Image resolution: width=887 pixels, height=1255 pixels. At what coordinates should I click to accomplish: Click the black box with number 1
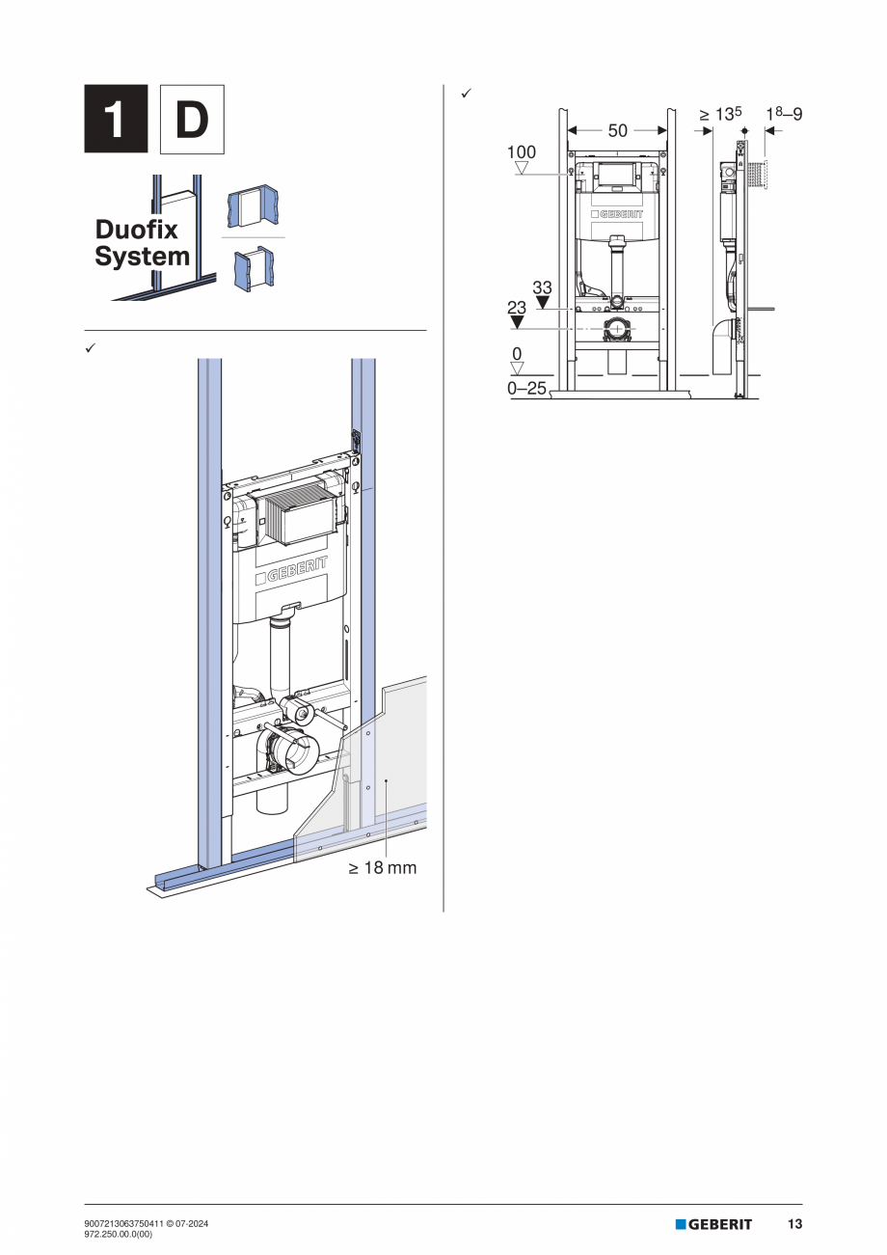(116, 120)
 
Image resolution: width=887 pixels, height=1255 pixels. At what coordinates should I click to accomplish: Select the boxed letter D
(192, 120)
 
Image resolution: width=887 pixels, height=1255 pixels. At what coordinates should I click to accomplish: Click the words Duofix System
(142, 243)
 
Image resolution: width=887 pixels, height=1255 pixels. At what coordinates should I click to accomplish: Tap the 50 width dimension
(617, 130)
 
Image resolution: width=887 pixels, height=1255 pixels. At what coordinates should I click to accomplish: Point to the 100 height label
(522, 152)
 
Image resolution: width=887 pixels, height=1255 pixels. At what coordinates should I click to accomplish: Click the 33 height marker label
(542, 287)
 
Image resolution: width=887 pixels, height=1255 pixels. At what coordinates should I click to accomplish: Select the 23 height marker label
(518, 307)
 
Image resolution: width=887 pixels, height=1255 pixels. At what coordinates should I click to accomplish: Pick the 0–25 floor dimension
(526, 388)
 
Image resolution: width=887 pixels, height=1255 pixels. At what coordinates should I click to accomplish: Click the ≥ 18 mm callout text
(383, 868)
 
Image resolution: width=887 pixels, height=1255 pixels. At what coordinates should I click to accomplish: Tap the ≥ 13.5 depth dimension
(720, 115)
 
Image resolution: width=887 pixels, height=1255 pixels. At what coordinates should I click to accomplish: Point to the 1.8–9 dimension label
(783, 115)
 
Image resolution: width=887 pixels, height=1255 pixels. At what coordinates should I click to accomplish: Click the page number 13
(794, 1224)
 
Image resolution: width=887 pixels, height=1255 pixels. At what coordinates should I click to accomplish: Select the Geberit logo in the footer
(713, 1224)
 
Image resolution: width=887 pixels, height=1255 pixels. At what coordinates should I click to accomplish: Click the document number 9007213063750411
(125, 1223)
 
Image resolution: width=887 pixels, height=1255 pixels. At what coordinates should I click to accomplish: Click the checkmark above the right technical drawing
(465, 94)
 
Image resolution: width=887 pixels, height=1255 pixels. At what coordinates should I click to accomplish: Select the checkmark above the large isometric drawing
(90, 345)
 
